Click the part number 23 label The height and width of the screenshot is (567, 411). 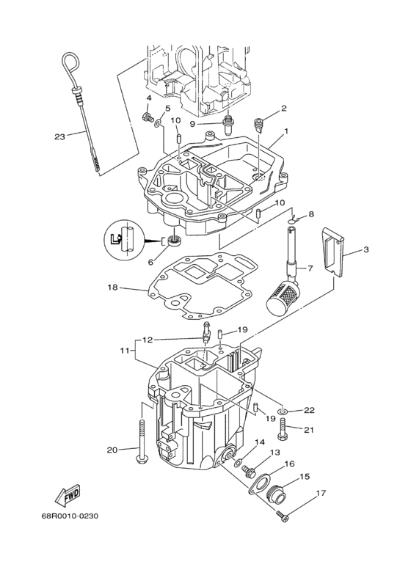coord(60,136)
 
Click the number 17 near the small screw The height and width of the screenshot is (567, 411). coord(321,493)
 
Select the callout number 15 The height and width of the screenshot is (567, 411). coord(305,476)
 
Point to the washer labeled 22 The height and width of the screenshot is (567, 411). coord(287,411)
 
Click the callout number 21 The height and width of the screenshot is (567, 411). coord(309,430)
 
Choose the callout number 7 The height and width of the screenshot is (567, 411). coord(310,268)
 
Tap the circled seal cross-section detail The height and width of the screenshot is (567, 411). coord(125,239)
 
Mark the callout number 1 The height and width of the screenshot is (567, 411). coord(285,131)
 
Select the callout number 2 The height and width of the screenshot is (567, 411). coord(283,109)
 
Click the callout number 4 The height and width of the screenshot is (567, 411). coord(149,98)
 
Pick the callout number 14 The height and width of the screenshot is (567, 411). coord(259,442)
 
